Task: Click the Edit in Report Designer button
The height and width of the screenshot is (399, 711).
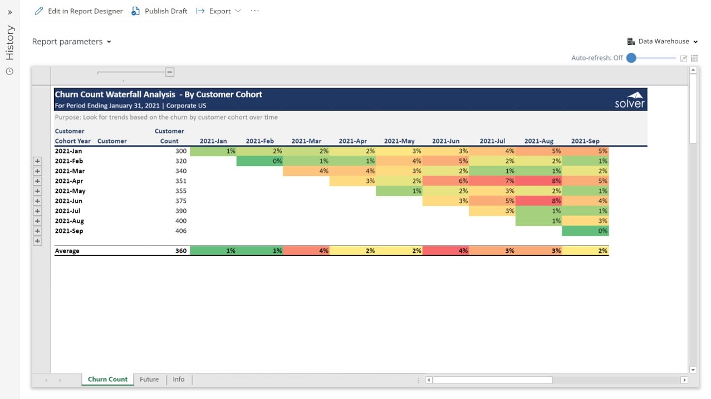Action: (x=79, y=11)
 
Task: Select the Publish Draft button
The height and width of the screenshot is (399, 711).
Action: (x=160, y=11)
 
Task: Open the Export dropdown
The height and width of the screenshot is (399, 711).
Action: (x=219, y=11)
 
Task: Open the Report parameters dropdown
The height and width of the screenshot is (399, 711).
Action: (x=71, y=42)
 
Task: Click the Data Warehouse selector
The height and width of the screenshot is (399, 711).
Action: (x=663, y=41)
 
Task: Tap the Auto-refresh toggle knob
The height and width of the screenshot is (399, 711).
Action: (x=631, y=58)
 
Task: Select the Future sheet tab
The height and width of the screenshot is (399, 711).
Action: (x=149, y=380)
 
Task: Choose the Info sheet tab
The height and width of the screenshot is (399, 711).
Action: (x=178, y=380)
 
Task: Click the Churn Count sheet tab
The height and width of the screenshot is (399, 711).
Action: (x=107, y=380)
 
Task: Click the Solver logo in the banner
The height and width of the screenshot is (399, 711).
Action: (x=630, y=99)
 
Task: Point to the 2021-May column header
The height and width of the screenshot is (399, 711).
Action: (x=399, y=141)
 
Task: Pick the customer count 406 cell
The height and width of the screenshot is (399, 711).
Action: (x=180, y=231)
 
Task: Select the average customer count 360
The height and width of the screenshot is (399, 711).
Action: (x=180, y=251)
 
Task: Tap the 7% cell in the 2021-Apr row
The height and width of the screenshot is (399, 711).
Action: (x=492, y=181)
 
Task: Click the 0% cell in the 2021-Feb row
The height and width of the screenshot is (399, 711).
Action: (x=260, y=161)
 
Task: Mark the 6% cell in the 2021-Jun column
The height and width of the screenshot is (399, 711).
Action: (x=445, y=181)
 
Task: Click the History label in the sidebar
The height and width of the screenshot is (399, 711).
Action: (x=9, y=43)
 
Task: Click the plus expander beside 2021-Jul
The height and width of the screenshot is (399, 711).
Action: (x=37, y=211)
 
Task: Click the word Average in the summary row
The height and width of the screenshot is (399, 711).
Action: (x=67, y=251)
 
